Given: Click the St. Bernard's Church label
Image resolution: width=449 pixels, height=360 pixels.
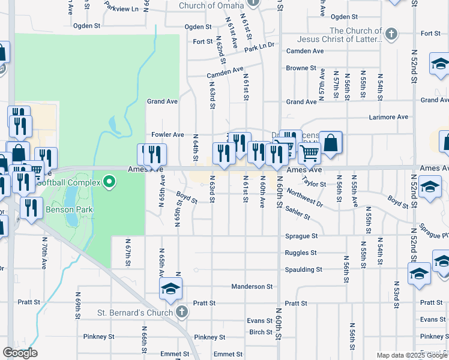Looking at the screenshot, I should [x=136, y=312].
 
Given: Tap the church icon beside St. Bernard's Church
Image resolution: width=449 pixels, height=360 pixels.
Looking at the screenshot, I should [x=182, y=312].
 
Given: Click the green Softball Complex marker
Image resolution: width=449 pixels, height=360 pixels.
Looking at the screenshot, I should [x=109, y=181].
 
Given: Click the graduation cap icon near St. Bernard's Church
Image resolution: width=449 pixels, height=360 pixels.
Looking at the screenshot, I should [x=170, y=289].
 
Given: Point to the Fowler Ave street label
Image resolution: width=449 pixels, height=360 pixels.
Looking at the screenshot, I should [x=167, y=135].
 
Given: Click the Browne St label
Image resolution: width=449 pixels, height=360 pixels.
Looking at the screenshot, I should [x=297, y=68].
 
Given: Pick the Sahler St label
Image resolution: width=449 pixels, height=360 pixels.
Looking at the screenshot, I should [x=298, y=211].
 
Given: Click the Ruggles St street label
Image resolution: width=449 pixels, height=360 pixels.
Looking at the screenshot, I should [x=301, y=253].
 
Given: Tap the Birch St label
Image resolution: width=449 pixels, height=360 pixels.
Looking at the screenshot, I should [x=261, y=332].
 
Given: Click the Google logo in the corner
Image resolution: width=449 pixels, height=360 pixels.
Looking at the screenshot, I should [x=20, y=353].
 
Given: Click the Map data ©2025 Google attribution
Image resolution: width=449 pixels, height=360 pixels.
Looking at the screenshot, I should [x=412, y=355].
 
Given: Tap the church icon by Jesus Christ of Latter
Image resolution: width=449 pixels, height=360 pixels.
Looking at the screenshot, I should [x=391, y=33].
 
